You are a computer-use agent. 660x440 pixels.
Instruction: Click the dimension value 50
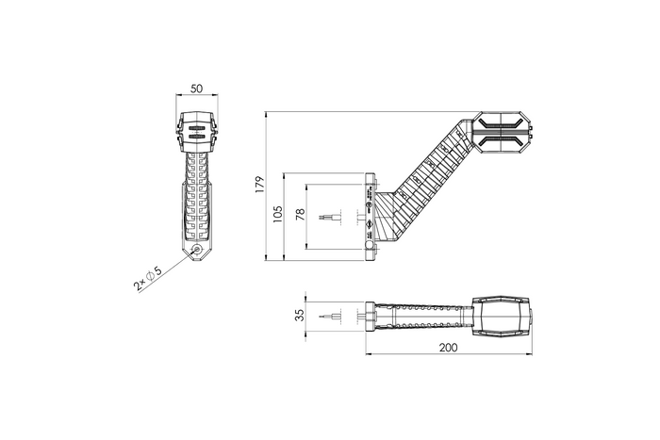tap(196, 89)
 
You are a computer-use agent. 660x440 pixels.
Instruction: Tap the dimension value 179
tap(260, 184)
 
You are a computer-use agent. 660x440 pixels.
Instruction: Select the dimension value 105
tap(277, 216)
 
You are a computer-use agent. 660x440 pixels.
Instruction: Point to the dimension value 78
tap(300, 216)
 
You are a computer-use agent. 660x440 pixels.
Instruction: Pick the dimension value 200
tap(449, 348)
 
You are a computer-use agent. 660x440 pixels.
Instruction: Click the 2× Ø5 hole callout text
tap(147, 277)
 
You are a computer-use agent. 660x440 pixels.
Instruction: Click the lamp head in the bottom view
tap(504, 316)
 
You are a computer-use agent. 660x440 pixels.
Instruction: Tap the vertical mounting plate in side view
tap(370, 215)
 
